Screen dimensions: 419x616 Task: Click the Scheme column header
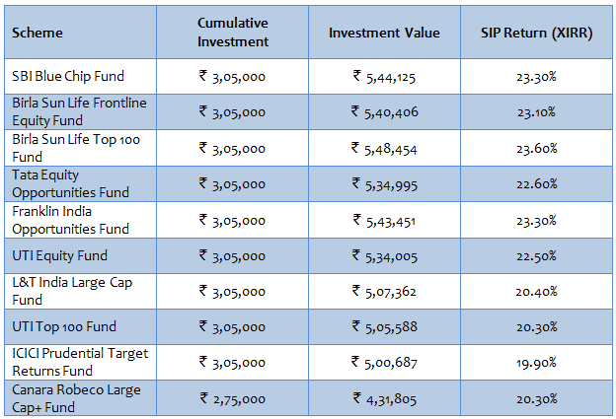click(x=38, y=34)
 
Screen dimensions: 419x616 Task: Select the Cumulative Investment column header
click(x=232, y=34)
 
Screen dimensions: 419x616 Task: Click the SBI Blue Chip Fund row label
click(x=68, y=76)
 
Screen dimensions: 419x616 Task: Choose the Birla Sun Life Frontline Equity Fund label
click(x=75, y=111)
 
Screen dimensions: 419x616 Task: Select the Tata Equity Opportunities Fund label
click(x=63, y=183)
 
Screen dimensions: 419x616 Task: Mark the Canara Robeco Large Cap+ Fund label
click(x=76, y=398)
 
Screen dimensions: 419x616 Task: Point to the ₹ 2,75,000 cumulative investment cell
click(x=232, y=399)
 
